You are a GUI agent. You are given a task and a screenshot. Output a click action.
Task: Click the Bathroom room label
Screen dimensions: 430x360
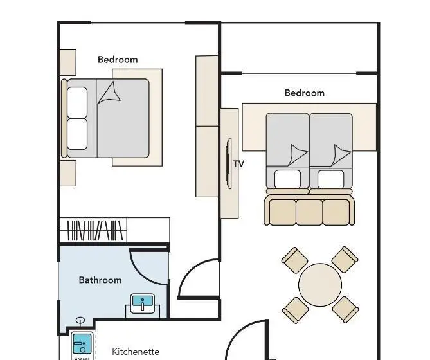pyautogui.click(x=100, y=280)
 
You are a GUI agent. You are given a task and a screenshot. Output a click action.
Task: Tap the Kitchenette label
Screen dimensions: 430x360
pyautogui.click(x=136, y=352)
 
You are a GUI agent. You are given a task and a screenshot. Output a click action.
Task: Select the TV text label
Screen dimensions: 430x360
pyautogui.click(x=238, y=164)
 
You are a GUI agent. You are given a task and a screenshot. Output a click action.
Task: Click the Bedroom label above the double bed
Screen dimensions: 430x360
pyautogui.click(x=118, y=60)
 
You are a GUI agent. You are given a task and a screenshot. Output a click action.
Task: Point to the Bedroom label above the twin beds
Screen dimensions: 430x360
pyautogui.click(x=305, y=93)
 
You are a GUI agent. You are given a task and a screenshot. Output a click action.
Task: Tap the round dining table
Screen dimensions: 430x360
pyautogui.click(x=320, y=285)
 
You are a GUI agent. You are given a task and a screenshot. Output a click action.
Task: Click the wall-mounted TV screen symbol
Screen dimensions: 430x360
pyautogui.click(x=228, y=163)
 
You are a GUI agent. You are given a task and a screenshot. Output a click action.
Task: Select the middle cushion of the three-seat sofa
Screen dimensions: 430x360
pyautogui.click(x=309, y=212)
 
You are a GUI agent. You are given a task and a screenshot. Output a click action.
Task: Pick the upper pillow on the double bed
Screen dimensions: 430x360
pyautogui.click(x=77, y=103)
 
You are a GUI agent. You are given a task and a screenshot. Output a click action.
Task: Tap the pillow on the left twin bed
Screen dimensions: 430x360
pyautogui.click(x=287, y=179)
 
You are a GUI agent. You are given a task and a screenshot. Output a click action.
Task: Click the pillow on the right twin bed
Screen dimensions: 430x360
pyautogui.click(x=331, y=179)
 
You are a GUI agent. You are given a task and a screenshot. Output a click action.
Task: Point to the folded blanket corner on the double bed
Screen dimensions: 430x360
pyautogui.click(x=109, y=93)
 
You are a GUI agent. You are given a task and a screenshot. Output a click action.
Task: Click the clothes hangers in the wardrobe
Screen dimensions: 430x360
pyautogui.click(x=95, y=230)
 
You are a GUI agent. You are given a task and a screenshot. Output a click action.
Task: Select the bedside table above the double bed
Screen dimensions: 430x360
pyautogui.click(x=67, y=62)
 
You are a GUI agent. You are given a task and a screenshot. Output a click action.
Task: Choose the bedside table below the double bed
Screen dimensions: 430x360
pyautogui.click(x=68, y=174)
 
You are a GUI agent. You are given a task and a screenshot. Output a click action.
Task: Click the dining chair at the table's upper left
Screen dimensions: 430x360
pyautogui.click(x=294, y=260)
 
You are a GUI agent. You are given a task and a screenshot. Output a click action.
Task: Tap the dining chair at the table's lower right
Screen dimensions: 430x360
pyautogui.click(x=345, y=310)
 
